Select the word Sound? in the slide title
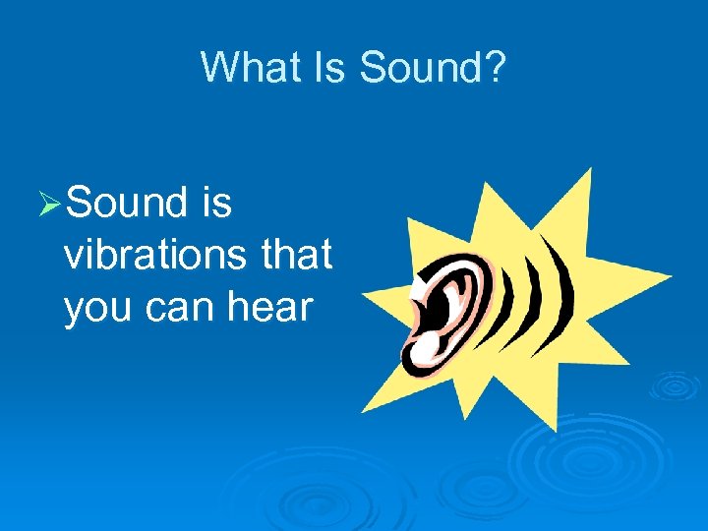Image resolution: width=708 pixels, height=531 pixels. tap(433, 68)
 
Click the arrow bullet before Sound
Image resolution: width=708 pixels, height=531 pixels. tap(50, 204)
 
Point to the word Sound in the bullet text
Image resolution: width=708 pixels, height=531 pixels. tap(128, 203)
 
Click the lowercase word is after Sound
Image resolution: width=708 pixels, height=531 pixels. tap(214, 203)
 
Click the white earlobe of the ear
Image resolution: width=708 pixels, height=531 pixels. tap(429, 346)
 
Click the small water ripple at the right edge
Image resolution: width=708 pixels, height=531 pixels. tap(675, 384)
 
